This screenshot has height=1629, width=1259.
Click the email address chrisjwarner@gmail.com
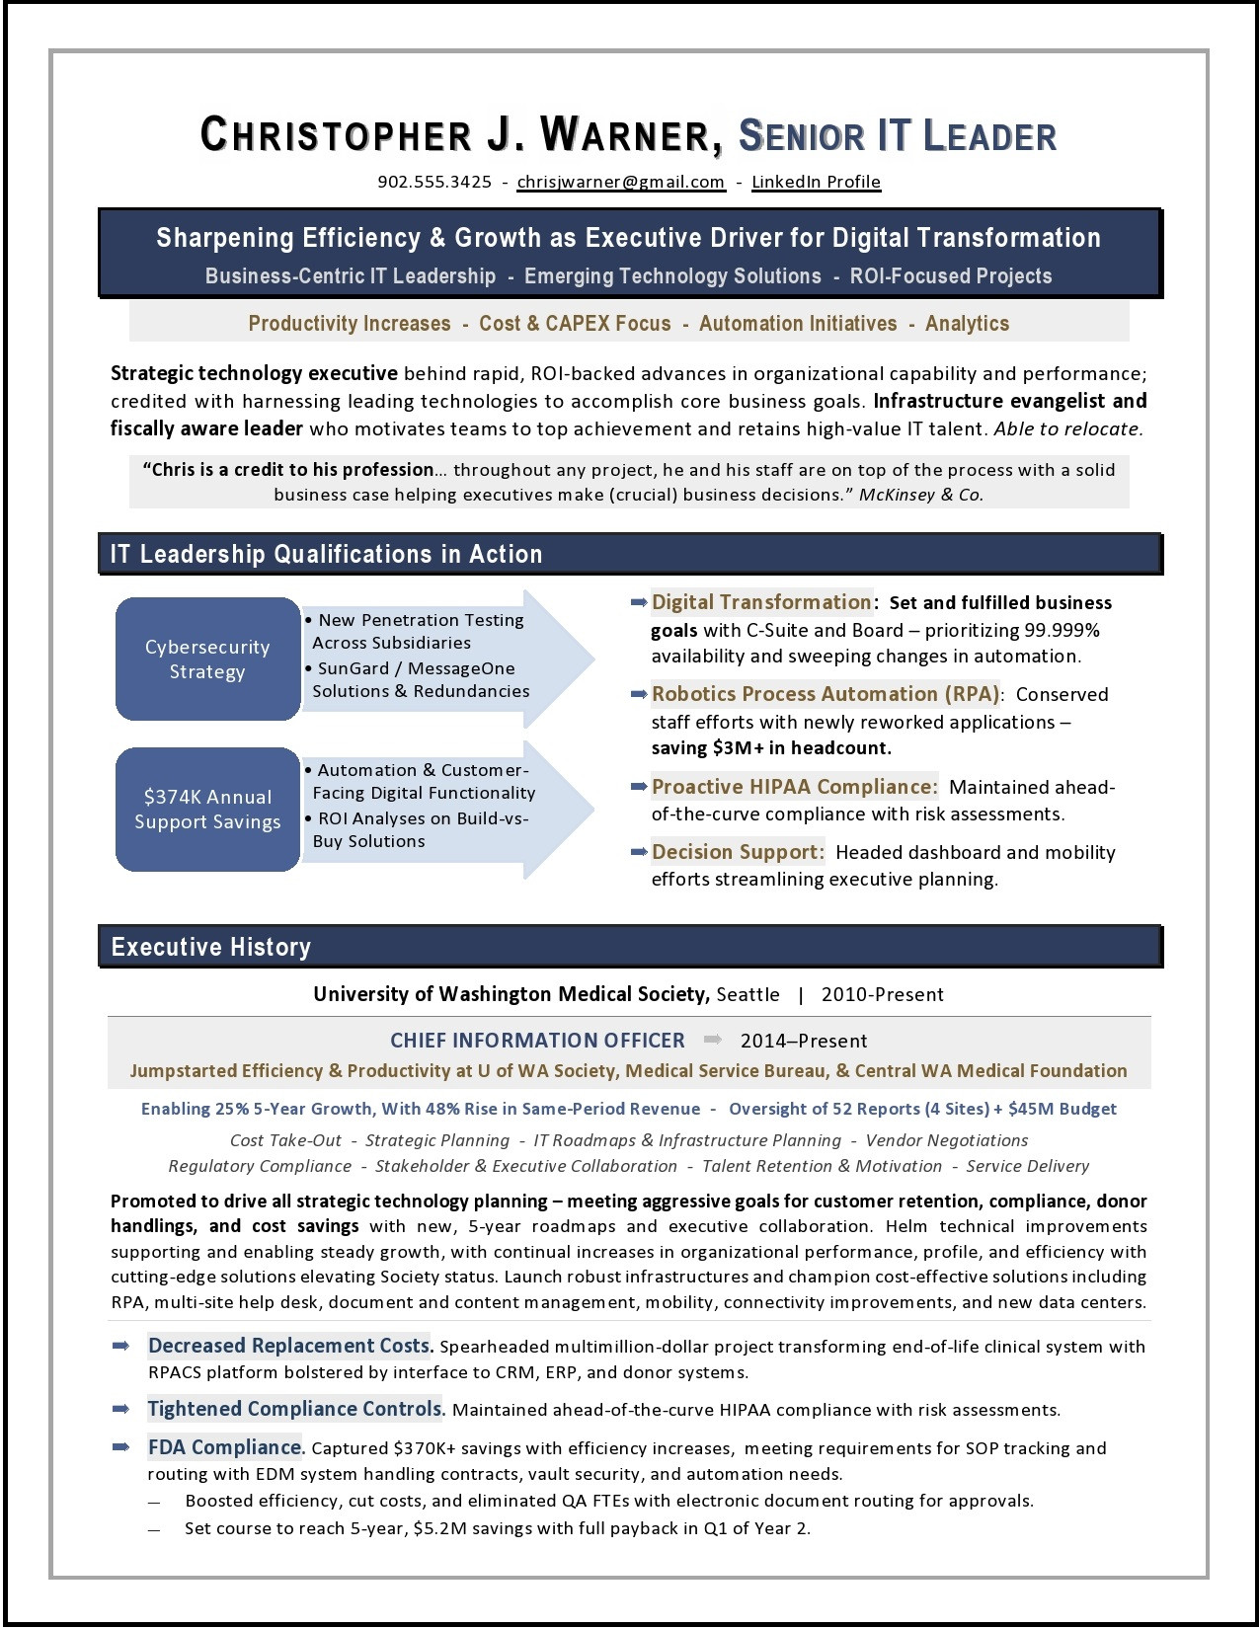pyautogui.click(x=620, y=182)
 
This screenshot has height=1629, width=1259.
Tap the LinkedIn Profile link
pyautogui.click(x=816, y=182)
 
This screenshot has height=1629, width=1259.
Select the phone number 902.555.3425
pyautogui.click(x=434, y=182)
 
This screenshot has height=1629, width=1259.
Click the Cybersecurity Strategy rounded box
pyautogui.click(x=207, y=659)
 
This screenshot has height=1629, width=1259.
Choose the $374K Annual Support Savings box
pyautogui.click(x=207, y=810)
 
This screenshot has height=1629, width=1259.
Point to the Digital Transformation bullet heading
pyautogui.click(x=760, y=602)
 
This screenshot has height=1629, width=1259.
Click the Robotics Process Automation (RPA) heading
pyautogui.click(x=826, y=694)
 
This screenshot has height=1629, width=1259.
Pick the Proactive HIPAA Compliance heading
pyautogui.click(x=794, y=787)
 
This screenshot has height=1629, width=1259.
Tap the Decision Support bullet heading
pyautogui.click(x=737, y=852)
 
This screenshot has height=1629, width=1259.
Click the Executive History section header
pyautogui.click(x=211, y=948)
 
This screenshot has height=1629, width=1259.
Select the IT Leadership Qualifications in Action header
pyautogui.click(x=326, y=555)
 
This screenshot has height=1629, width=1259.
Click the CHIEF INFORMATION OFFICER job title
pyautogui.click(x=537, y=1041)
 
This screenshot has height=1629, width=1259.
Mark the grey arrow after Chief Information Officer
pyautogui.click(x=712, y=1040)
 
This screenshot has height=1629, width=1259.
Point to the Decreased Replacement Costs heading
pyautogui.click(x=289, y=1346)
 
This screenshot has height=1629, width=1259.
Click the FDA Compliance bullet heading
pyautogui.click(x=225, y=1447)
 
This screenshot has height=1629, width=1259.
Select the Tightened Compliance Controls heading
pyautogui.click(x=295, y=1409)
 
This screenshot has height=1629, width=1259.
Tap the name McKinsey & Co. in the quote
pyautogui.click(x=920, y=495)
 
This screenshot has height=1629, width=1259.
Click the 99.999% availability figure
pyautogui.click(x=1062, y=630)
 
